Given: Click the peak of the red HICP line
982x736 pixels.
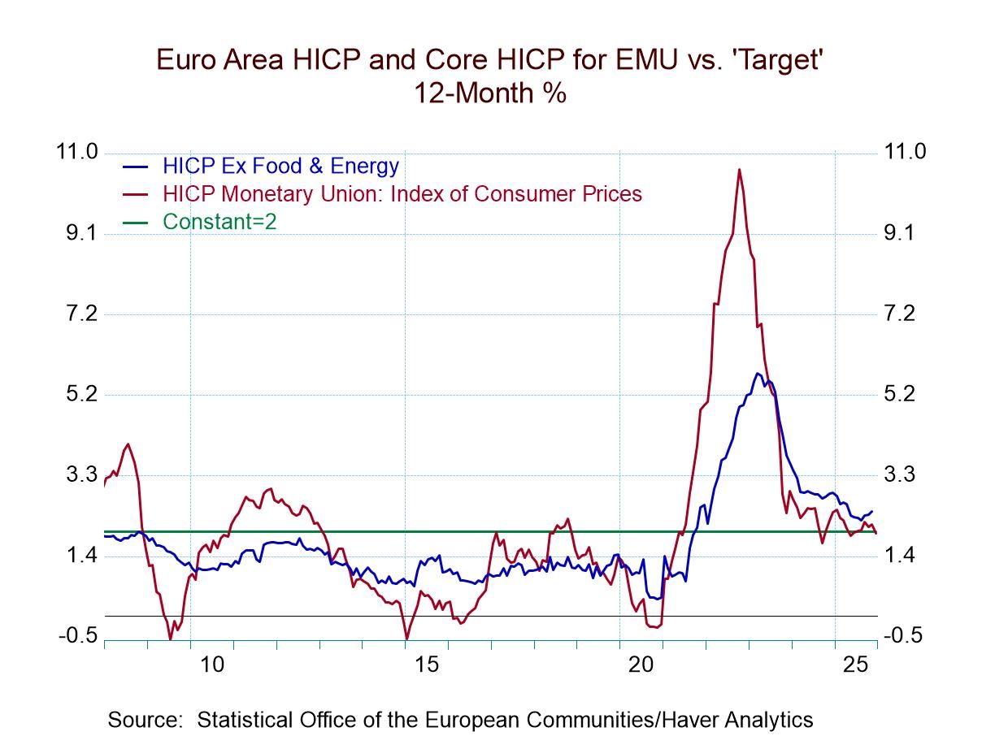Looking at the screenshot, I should pyautogui.click(x=739, y=169).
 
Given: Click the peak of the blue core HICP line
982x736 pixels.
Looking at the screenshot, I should pyautogui.click(x=758, y=374).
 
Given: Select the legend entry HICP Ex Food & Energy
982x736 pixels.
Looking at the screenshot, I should pyautogui.click(x=280, y=167).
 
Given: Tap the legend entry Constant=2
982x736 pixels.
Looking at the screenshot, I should pyautogui.click(x=219, y=221).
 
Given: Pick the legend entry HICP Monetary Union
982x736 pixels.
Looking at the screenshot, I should pyautogui.click(x=402, y=194).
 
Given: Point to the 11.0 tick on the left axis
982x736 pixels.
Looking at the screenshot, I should pyautogui.click(x=78, y=152).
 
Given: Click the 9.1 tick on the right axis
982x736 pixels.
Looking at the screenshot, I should pyautogui.click(x=903, y=233).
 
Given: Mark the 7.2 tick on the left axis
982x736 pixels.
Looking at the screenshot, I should pyautogui.click(x=78, y=314).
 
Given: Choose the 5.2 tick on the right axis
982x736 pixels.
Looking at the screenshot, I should pyautogui.click(x=903, y=394).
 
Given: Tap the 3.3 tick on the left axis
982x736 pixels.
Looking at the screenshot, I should pyautogui.click(x=78, y=474).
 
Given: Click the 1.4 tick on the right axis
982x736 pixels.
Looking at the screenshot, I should pyautogui.click(x=903, y=556).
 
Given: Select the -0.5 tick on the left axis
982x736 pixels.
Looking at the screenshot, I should pyautogui.click(x=78, y=636).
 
